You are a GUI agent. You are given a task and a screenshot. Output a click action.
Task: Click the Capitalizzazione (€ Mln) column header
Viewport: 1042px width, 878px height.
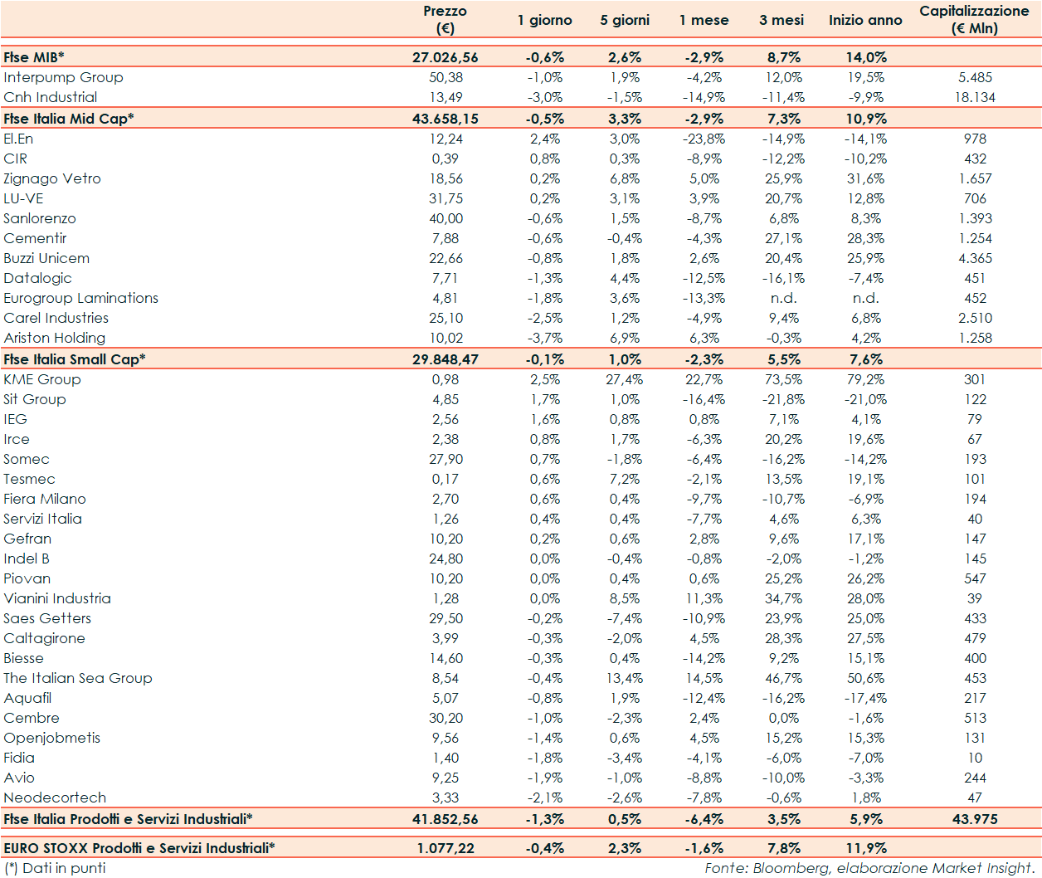[974, 19]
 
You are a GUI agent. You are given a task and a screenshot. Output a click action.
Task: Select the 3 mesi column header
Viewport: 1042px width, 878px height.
[781, 20]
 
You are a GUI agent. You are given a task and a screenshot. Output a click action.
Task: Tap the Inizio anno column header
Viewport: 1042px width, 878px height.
[865, 20]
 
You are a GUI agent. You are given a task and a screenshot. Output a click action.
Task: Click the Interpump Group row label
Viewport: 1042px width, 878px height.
[63, 77]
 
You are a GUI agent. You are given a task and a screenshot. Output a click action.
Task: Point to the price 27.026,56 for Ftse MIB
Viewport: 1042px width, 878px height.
[445, 57]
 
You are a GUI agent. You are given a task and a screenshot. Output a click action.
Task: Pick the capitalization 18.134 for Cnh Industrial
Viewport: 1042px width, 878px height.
[975, 97]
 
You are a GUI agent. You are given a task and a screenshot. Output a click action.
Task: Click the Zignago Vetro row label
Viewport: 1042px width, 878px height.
[52, 178]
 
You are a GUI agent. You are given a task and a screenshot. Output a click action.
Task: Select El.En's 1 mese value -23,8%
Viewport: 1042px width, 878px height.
[704, 139]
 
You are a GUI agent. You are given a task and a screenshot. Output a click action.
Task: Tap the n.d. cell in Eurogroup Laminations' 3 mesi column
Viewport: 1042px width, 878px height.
[783, 298]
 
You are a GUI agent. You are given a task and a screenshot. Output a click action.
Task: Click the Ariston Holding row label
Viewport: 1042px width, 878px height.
[55, 338]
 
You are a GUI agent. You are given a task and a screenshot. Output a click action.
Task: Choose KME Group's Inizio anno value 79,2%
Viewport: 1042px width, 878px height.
[865, 379]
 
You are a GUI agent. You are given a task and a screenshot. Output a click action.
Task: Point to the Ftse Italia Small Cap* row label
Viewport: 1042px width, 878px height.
[74, 359]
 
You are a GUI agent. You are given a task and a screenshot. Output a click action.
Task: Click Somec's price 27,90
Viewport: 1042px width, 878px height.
[446, 459]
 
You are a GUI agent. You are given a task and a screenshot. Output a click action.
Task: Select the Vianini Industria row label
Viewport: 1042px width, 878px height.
[57, 598]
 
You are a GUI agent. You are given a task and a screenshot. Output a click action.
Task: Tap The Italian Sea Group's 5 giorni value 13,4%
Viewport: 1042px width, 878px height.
[625, 678]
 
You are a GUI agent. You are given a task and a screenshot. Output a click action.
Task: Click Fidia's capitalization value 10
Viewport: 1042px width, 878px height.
[975, 758]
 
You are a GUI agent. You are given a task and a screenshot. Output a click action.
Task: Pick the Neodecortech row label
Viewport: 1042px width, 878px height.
[55, 798]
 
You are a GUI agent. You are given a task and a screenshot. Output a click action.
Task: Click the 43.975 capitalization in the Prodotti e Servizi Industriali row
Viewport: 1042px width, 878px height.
[975, 819]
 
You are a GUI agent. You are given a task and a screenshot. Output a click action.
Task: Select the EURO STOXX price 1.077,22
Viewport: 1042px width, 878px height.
[445, 848]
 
